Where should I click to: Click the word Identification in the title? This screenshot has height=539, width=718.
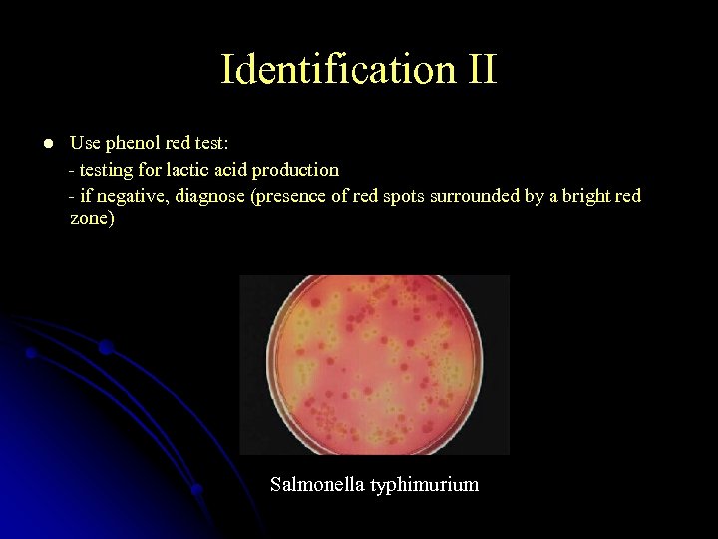[325, 70]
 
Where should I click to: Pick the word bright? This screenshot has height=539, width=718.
[586, 196]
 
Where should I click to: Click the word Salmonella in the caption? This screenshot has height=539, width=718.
[316, 485]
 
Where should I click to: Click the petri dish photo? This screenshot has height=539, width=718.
[375, 364]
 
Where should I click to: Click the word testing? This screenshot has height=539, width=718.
[109, 170]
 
